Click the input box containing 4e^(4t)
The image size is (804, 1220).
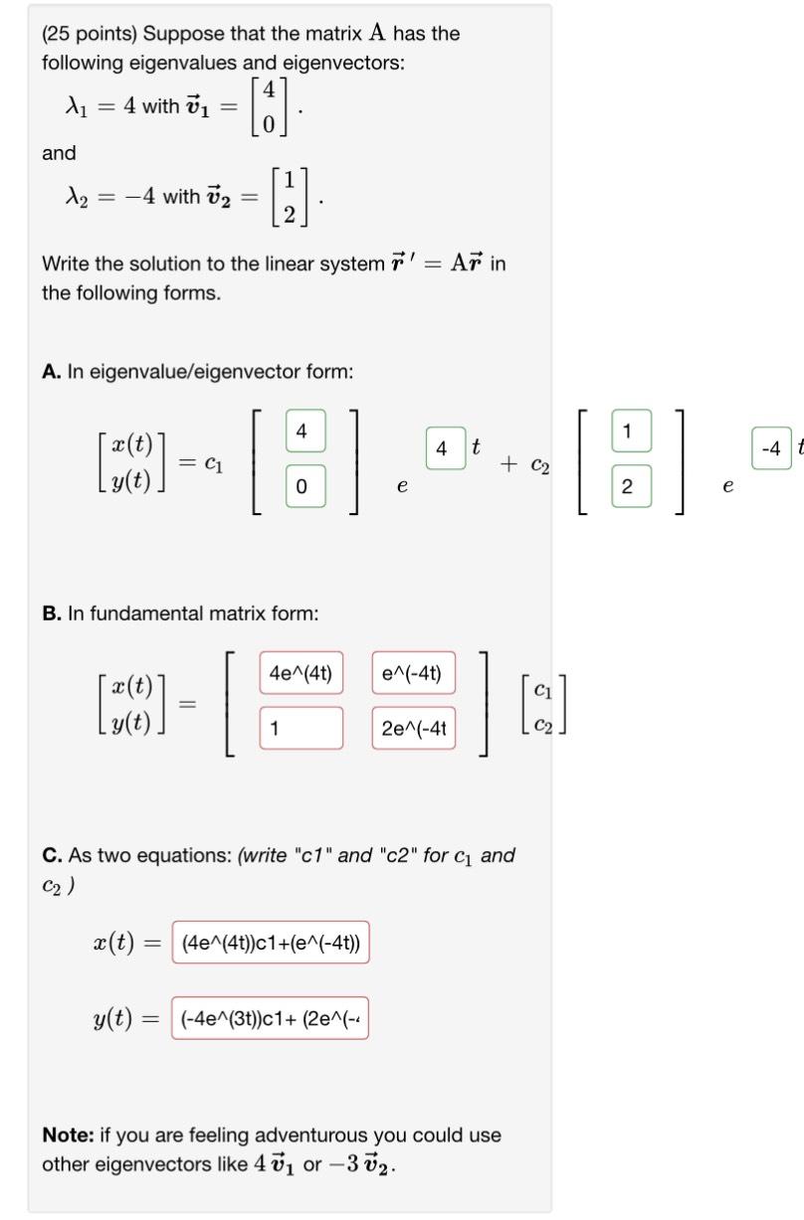tap(301, 673)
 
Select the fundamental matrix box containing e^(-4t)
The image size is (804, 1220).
tap(414, 673)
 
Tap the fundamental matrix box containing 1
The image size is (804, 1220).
tap(301, 728)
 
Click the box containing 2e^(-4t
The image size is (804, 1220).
tap(414, 728)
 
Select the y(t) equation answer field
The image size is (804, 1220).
tap(271, 1018)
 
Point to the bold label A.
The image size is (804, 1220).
tap(51, 372)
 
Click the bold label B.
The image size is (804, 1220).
tap(51, 613)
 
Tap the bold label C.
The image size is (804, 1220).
tap(51, 855)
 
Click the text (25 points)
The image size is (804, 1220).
tap(89, 34)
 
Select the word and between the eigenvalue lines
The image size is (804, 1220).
tap(59, 153)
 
